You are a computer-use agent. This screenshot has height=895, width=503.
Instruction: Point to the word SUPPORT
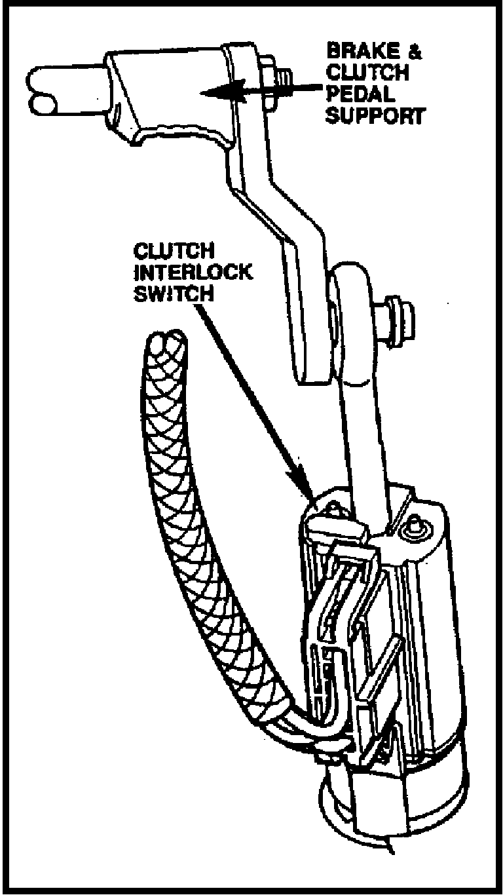[x=375, y=116]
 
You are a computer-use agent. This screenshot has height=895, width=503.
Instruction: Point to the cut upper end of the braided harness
[x=164, y=342]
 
